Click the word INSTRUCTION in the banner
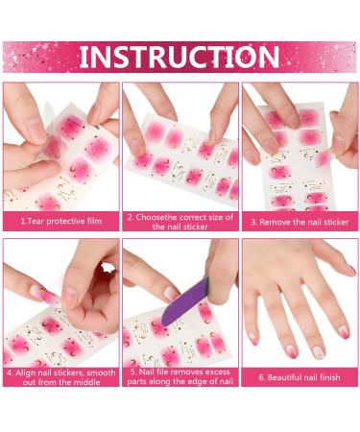180,57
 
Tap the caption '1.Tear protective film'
59,222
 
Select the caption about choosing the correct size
180,222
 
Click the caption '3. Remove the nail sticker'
300,222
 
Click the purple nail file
185,298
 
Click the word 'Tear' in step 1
36,222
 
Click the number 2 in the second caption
130,217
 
